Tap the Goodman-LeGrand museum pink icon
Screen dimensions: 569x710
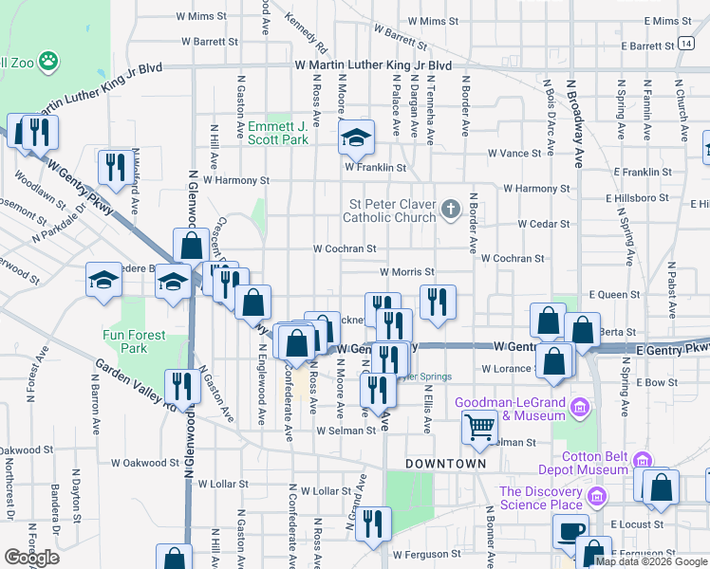(x=581, y=409)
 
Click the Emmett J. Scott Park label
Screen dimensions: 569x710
(x=278, y=133)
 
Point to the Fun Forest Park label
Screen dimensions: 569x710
(x=135, y=341)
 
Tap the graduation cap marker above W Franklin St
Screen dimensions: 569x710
(x=356, y=141)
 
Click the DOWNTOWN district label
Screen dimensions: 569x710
(x=445, y=464)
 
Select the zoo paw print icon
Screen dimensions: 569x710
(x=48, y=63)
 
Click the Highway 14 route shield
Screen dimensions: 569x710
(x=684, y=44)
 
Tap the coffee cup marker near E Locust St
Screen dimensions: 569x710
(x=570, y=531)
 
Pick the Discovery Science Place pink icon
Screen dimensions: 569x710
(x=597, y=497)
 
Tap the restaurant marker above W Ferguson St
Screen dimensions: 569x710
(x=374, y=523)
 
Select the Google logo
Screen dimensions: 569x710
(x=30, y=558)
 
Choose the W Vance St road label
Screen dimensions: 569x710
(x=514, y=153)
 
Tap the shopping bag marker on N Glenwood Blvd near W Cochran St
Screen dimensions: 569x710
(x=191, y=247)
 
